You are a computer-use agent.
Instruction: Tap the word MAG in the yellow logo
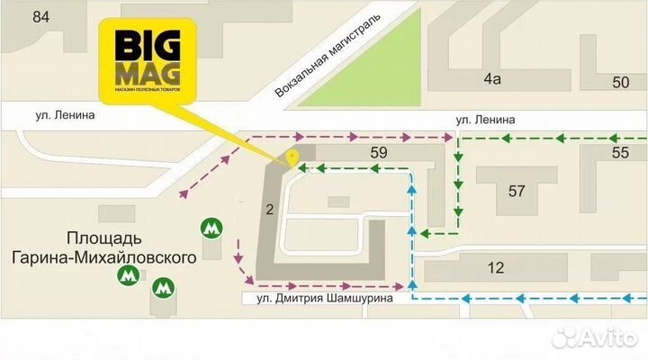[x=141, y=73]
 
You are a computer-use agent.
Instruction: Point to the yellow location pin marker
[x=292, y=158]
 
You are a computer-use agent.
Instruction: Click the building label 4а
[x=491, y=79]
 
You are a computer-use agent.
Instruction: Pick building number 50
[x=620, y=83]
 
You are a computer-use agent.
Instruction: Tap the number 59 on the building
[x=378, y=153]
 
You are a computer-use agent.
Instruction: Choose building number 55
[x=620, y=153]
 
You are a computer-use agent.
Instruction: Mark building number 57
[x=517, y=191]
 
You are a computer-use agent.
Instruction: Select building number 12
[x=496, y=267]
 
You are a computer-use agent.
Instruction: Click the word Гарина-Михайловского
[x=131, y=258]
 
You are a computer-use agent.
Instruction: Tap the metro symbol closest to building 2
[x=211, y=229]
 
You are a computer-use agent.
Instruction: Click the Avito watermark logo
[x=595, y=337]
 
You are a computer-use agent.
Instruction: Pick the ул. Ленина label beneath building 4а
[x=485, y=119]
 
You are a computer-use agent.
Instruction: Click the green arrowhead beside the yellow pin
[x=303, y=167]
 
